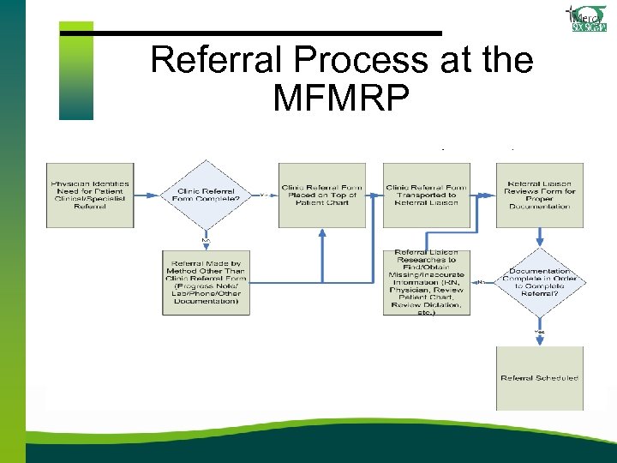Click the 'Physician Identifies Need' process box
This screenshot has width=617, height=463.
coord(90,195)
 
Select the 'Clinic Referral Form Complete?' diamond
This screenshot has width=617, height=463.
coord(206,195)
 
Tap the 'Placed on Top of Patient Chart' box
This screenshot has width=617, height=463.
coord(321,195)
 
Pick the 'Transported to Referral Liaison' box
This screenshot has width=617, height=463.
coord(426,195)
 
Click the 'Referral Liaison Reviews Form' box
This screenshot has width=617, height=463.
coord(539,195)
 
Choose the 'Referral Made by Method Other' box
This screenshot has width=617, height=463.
coord(206,282)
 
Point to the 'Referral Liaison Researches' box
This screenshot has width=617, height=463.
coord(426,282)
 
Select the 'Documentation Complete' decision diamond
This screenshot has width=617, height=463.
coord(539,282)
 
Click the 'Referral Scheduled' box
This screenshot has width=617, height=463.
coord(539,378)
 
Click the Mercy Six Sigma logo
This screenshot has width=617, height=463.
coord(587,18)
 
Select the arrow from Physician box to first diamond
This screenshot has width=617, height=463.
coord(147,195)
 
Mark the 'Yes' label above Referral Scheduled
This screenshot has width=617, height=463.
coord(539,331)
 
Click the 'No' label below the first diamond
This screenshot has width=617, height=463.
coord(206,241)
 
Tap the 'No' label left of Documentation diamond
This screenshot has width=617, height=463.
coord(482,282)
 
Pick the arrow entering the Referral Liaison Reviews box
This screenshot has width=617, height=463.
coord(484,195)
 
